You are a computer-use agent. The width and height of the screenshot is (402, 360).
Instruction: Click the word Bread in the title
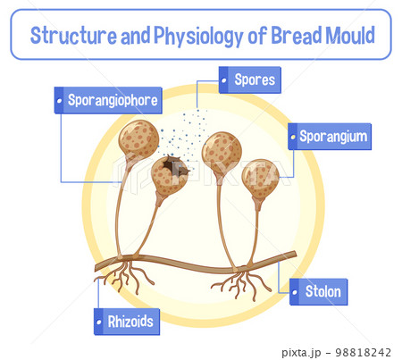click(x=297, y=36)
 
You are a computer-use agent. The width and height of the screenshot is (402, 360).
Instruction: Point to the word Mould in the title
click(x=352, y=36)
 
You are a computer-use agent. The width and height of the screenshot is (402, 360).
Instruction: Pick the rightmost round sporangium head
click(x=261, y=179)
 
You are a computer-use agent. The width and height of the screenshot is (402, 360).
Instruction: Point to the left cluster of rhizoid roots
click(x=122, y=276)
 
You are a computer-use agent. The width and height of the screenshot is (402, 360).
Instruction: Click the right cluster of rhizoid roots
click(x=241, y=285)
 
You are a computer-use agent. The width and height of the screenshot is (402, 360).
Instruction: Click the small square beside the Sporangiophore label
click(x=59, y=100)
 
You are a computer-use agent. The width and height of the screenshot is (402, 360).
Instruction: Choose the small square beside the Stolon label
click(x=294, y=292)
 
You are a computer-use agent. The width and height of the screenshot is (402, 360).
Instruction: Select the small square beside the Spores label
click(x=223, y=80)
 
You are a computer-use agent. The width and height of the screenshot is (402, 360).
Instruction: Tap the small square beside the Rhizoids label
click(x=97, y=322)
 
